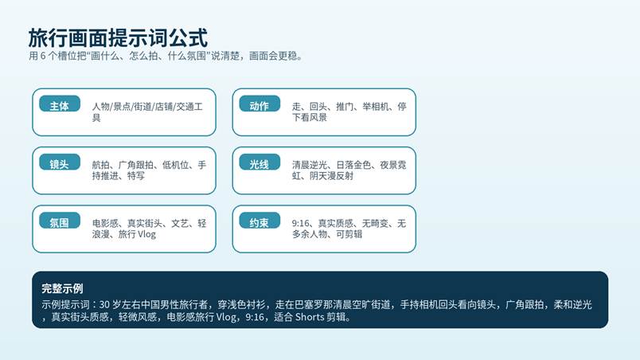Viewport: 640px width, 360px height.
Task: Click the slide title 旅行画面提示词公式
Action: [118, 38]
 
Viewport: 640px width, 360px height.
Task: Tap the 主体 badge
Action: [60, 104]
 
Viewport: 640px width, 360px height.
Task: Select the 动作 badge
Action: [260, 104]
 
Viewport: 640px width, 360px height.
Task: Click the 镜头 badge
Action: [60, 162]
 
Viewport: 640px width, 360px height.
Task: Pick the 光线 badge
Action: [260, 162]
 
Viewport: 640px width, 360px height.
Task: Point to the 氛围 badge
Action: [60, 221]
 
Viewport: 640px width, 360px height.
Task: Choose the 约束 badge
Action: [260, 221]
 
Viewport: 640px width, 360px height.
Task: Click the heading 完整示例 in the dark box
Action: [62, 288]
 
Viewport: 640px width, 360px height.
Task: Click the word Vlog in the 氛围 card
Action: [147, 234]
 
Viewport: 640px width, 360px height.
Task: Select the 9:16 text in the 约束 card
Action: [300, 223]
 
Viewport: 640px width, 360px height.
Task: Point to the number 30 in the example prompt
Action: [104, 304]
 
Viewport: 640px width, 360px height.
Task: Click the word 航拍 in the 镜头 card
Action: [100, 165]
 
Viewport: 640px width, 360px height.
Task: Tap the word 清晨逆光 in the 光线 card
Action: [310, 165]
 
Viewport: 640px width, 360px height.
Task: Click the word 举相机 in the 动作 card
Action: [376, 107]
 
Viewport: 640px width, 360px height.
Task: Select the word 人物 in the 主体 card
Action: [101, 107]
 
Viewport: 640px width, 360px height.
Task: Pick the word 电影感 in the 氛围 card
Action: [105, 223]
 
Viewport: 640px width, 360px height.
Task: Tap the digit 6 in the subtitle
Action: [43, 56]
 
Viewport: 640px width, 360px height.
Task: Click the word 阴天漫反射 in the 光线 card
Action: [331, 176]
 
